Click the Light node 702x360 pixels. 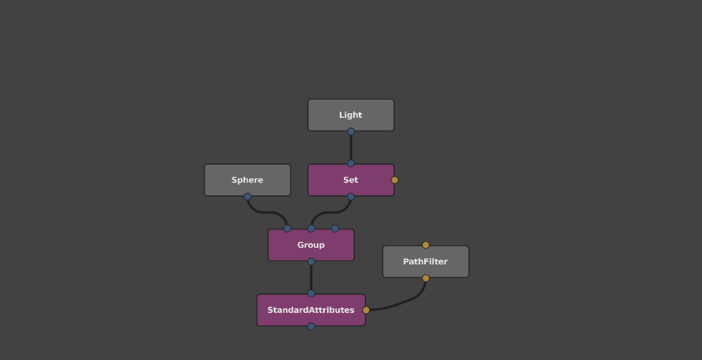click(x=350, y=115)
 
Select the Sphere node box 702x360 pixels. click(x=247, y=180)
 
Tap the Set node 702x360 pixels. click(x=350, y=180)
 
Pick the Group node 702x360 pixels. click(x=310, y=245)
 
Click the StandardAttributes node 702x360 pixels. click(x=310, y=310)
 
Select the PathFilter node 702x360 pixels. click(x=425, y=261)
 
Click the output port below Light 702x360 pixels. click(x=350, y=131)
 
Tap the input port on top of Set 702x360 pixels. click(x=350, y=163)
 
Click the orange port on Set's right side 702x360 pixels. click(x=395, y=180)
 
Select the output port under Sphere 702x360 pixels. click(x=247, y=197)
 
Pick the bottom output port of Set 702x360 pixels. click(x=350, y=197)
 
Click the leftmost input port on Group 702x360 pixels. click(x=287, y=229)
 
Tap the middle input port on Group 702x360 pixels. click(x=311, y=229)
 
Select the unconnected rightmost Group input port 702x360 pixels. click(x=335, y=229)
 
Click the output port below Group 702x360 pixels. click(x=311, y=261)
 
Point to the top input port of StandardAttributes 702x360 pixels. click(x=311, y=293)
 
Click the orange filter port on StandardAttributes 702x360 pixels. click(x=366, y=310)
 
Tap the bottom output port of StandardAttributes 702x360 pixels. click(x=311, y=327)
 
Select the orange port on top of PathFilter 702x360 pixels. click(x=426, y=245)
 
